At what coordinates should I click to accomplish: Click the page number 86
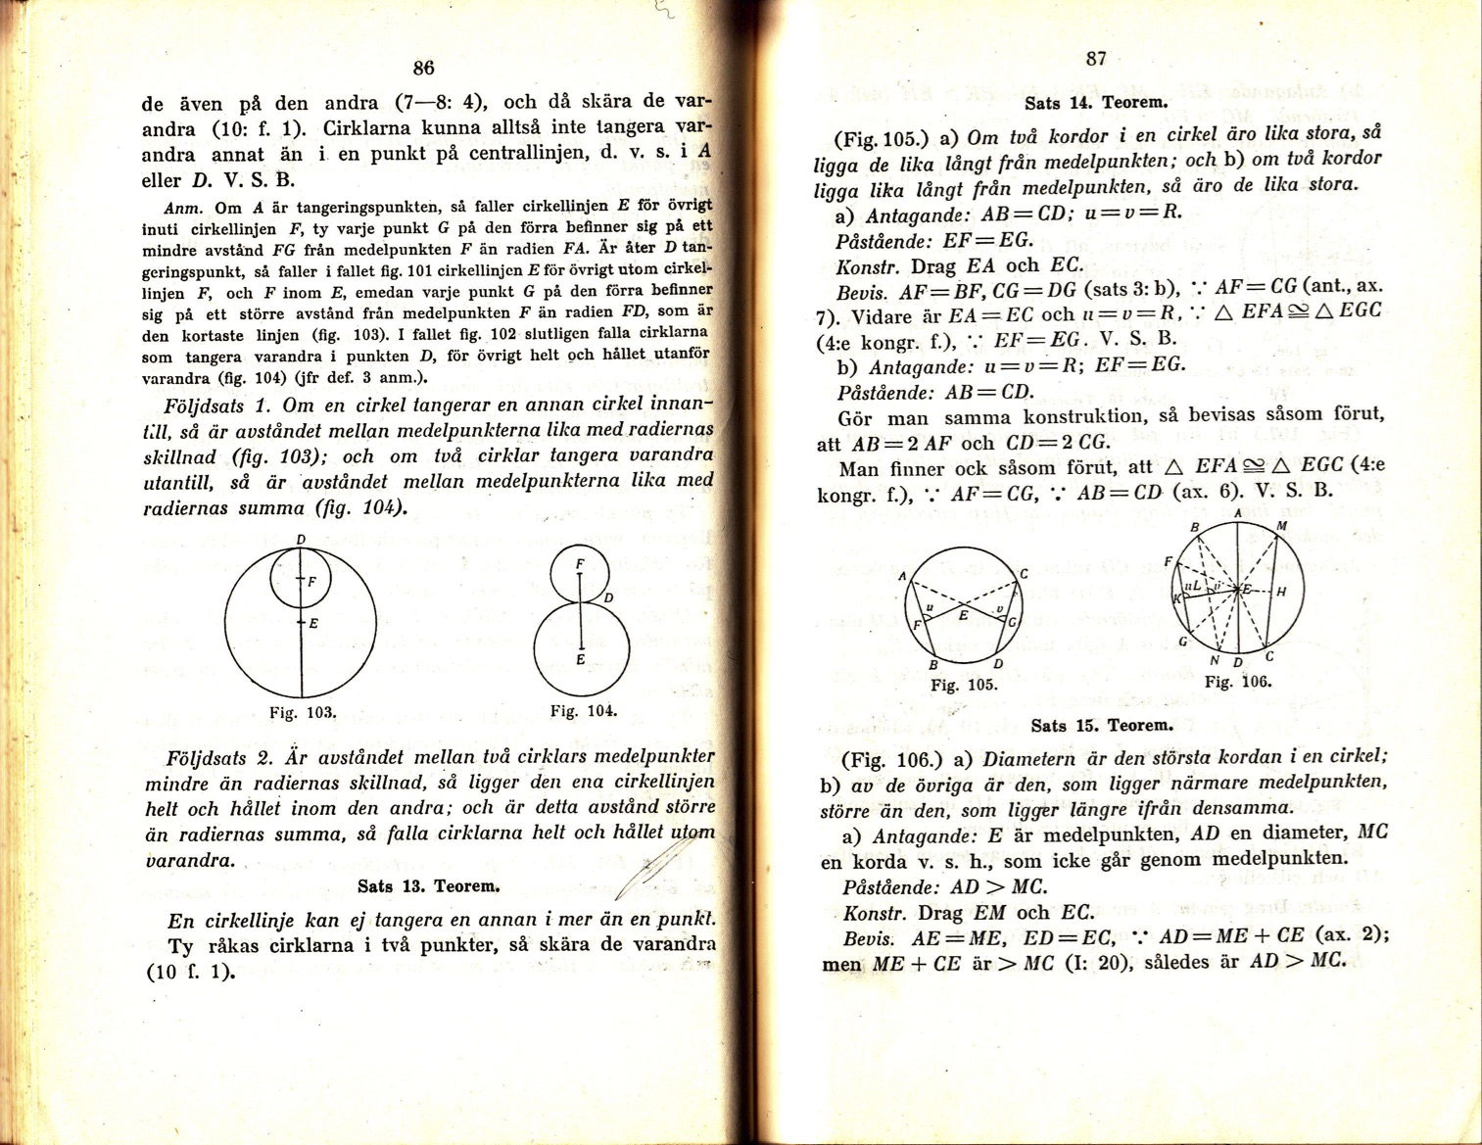point(423,68)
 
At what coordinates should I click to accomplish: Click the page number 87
point(1096,59)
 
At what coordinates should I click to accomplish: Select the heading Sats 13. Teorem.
point(429,886)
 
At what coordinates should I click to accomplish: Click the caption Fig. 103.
point(303,712)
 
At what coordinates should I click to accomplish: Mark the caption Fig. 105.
point(964,685)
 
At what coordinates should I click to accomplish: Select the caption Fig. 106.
point(1238,682)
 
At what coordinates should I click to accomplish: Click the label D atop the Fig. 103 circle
point(301,539)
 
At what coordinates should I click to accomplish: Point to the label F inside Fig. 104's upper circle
point(580,564)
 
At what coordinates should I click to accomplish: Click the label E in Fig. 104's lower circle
point(581,660)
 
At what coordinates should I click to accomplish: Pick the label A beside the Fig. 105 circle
point(902,577)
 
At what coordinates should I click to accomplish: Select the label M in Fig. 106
point(1281,526)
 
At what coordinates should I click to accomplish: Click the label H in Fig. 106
point(1281,592)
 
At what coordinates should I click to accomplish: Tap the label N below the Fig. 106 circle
point(1216,660)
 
